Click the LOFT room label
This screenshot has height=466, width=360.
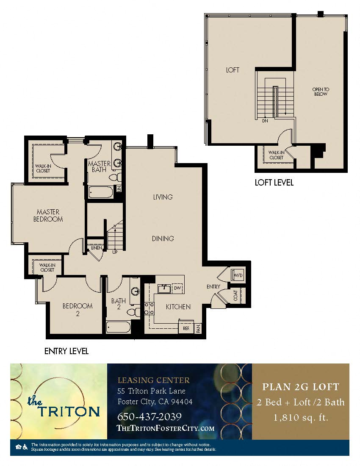233,70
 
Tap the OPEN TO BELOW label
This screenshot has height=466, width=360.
321,92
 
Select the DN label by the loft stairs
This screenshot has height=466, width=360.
265,121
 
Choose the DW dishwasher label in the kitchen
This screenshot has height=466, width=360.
177,288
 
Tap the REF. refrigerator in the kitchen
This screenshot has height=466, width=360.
186,328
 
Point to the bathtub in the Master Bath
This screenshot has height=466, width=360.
100,192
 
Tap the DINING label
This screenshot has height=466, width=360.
163,239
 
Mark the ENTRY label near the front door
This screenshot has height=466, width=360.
213,287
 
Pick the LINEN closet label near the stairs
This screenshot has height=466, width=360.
96,248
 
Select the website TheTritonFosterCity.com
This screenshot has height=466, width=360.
165,428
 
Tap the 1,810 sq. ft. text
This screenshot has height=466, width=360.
301,418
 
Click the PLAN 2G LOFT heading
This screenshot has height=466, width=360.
301,387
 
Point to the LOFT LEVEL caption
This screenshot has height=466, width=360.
274,183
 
